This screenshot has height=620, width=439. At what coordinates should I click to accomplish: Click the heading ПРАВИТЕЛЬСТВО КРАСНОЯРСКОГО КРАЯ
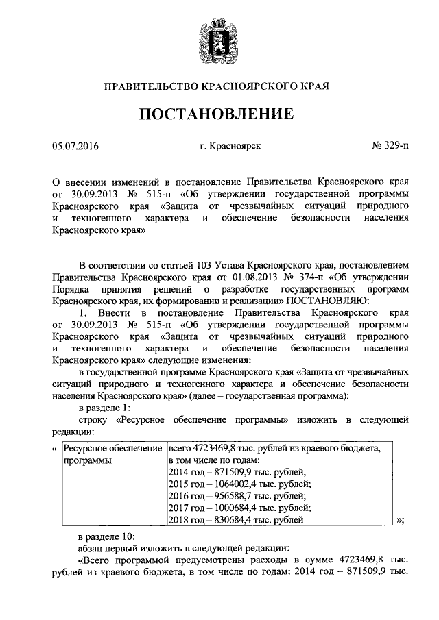pos(219,86)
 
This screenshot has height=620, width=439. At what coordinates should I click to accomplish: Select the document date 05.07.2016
pos(75,146)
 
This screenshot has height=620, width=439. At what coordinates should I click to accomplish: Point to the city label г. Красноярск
pos(230,146)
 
